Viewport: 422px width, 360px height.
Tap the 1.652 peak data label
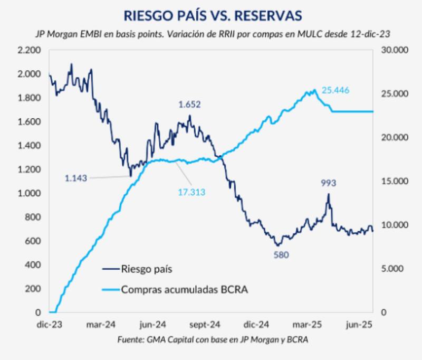point(189,105)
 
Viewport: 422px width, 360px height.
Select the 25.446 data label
point(335,90)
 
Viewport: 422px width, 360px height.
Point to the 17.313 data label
point(191,192)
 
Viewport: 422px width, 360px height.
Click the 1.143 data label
point(76,178)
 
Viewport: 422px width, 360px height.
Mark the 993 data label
point(328,183)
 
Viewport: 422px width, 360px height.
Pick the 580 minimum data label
point(281,254)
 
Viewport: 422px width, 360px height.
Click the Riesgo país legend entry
point(147,269)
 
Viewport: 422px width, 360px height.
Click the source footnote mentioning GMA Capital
point(212,340)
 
